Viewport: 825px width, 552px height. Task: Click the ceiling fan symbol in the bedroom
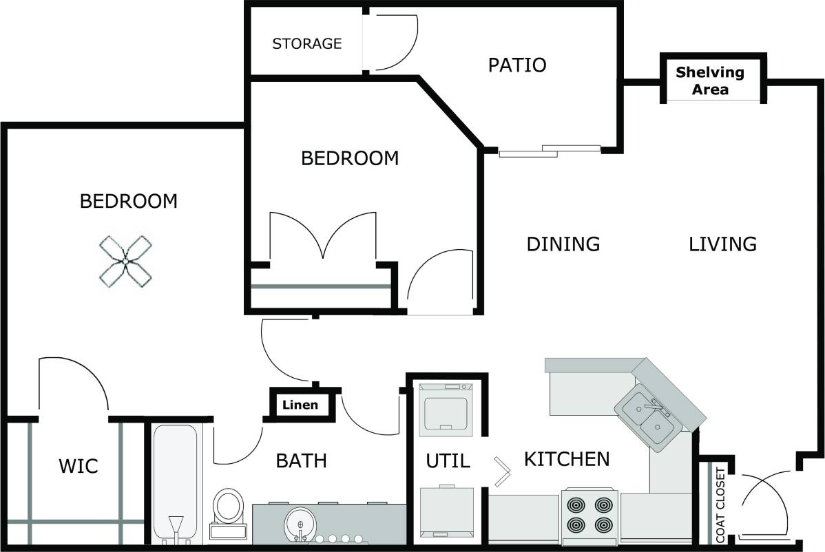pos(125,261)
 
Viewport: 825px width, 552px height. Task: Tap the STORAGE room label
pos(306,44)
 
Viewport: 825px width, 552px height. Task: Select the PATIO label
pos(516,65)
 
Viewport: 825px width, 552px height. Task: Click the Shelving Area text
pos(709,81)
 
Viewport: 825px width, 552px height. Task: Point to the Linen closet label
pos(300,405)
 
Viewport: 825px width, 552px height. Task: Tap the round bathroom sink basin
pos(300,524)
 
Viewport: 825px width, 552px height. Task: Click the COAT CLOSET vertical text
pos(720,505)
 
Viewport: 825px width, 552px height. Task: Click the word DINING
pos(563,244)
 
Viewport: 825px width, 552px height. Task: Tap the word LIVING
pos(722,244)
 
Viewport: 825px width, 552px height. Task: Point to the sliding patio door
pos(549,151)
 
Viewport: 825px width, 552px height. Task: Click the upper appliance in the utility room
pos(446,407)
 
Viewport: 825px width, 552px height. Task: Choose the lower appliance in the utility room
pos(446,512)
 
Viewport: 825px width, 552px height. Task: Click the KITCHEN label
pos(567,459)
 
